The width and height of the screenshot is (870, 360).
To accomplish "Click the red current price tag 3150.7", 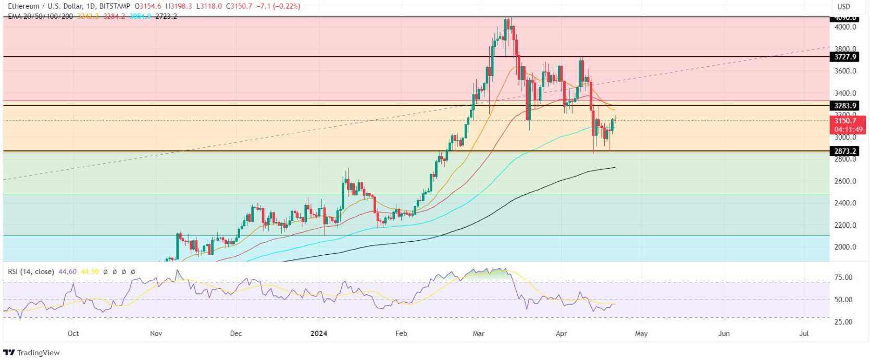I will (x=845, y=121).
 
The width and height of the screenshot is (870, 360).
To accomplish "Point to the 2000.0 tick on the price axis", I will (x=845, y=247).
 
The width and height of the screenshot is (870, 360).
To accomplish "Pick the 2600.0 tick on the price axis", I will (x=845, y=181).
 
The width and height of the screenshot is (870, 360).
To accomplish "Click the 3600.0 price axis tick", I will (x=845, y=71).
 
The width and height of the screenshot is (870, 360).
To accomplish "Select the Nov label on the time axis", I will (x=156, y=333).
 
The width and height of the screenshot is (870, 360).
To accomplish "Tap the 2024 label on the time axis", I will (x=318, y=333).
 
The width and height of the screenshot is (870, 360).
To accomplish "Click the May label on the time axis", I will (x=641, y=333).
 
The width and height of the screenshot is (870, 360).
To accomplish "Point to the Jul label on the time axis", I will (x=804, y=333).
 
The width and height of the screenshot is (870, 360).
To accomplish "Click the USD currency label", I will (x=843, y=7).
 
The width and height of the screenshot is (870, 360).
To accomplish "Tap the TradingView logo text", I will (x=38, y=353).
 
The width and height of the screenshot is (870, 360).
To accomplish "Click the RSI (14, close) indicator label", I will (x=31, y=272).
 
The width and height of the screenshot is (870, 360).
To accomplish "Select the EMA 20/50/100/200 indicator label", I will (x=41, y=17).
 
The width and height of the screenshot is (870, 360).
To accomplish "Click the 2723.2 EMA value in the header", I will (x=166, y=17).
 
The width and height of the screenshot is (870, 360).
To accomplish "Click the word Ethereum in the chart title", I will (x=23, y=6).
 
